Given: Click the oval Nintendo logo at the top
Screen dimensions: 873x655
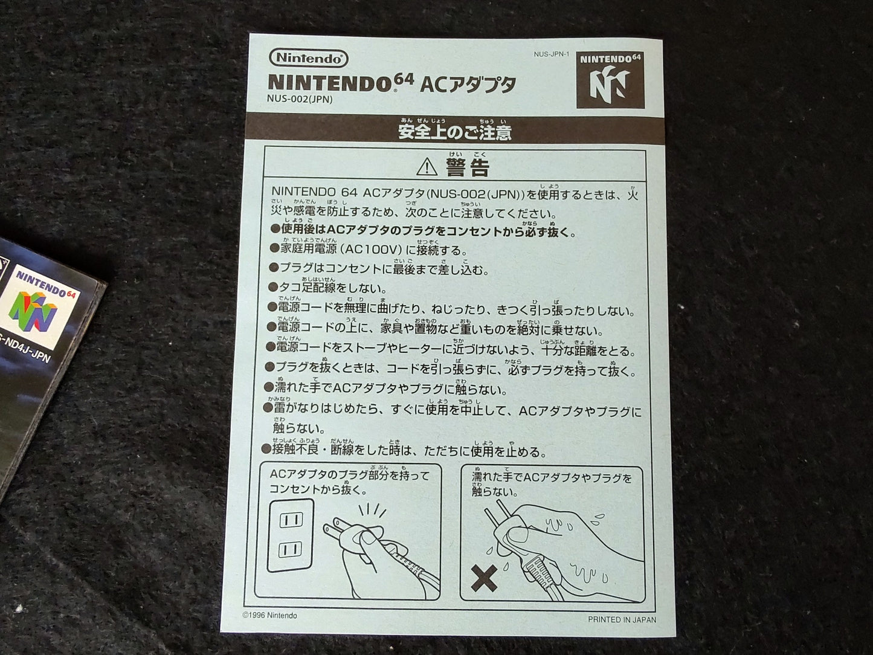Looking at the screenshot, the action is [x=309, y=59].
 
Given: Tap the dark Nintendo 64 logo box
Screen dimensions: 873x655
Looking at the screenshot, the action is [x=610, y=80].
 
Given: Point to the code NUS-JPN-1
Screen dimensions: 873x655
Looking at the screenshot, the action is [x=552, y=54].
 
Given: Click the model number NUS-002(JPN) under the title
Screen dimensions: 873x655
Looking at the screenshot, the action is [x=300, y=100].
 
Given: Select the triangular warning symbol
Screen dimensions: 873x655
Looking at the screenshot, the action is [x=427, y=167].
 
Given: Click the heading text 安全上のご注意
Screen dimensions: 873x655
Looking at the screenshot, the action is [x=454, y=132].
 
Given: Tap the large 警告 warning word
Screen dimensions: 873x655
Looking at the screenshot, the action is [x=468, y=167].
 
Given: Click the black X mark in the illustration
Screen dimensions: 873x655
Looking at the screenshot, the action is [x=484, y=578].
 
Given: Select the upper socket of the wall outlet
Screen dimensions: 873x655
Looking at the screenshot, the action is [x=291, y=520].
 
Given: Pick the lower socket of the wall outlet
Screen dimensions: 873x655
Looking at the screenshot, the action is [x=291, y=550].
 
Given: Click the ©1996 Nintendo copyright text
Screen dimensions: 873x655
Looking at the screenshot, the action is [x=269, y=616].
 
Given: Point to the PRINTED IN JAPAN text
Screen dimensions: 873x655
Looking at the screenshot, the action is [x=622, y=619].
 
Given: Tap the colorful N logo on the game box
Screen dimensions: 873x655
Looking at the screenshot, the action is [x=33, y=312].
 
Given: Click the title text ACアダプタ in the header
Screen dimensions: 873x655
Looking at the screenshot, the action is [x=468, y=85].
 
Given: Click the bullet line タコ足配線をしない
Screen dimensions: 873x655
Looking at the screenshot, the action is [x=327, y=288].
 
